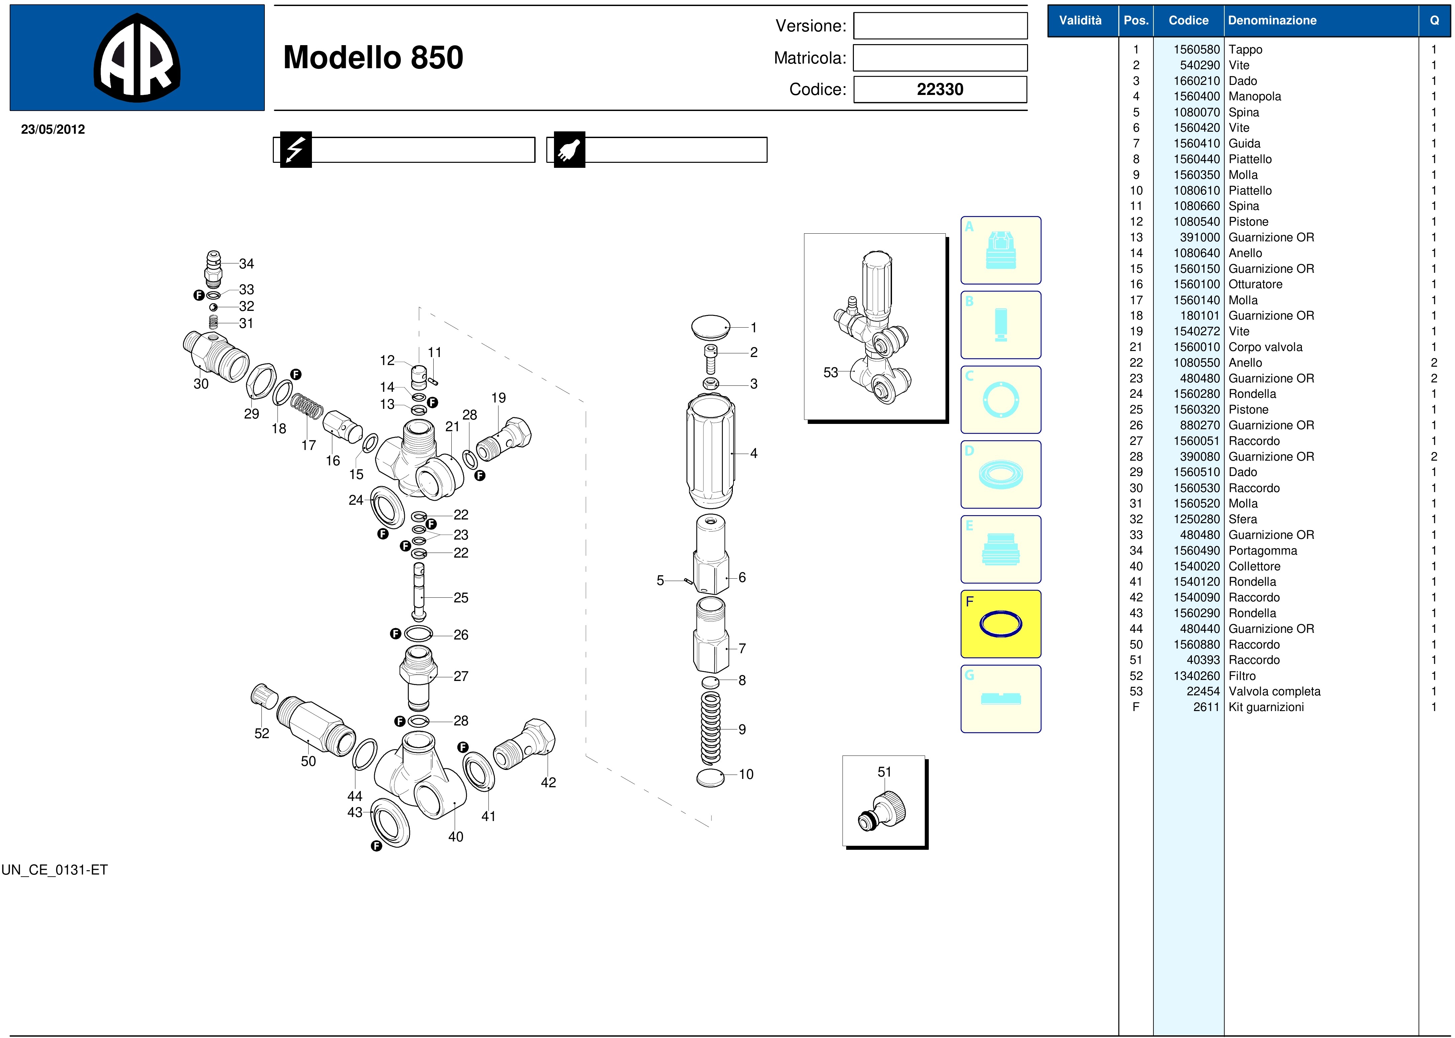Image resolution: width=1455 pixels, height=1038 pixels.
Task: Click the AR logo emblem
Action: pyautogui.click(x=137, y=57)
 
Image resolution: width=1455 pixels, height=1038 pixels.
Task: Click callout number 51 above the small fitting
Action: pyautogui.click(x=884, y=772)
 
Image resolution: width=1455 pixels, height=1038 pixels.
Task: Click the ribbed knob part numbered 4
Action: pyautogui.click(x=710, y=451)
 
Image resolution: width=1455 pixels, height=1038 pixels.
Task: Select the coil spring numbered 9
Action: pyautogui.click(x=710, y=729)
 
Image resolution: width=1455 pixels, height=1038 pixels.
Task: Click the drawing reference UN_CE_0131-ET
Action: pyautogui.click(x=54, y=870)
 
